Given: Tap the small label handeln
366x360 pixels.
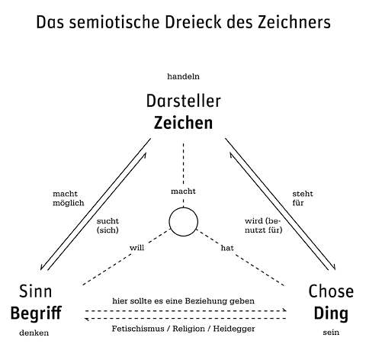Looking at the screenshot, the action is [183, 76].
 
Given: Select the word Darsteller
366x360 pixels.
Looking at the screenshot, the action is [184, 101].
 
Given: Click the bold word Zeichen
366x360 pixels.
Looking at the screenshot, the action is [183, 123].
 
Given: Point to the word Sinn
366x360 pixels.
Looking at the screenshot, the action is [36, 291].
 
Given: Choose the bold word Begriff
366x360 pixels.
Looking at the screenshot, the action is [36, 313].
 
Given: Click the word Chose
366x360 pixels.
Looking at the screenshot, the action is [331, 291].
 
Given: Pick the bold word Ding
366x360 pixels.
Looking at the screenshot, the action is [331, 313].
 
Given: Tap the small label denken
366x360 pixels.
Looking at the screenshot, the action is [34, 333].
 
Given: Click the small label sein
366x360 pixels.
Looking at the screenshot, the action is [331, 333].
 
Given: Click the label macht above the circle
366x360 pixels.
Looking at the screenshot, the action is [183, 191].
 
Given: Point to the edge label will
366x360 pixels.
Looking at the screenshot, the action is [136, 248].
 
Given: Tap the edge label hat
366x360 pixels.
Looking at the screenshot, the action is [227, 248].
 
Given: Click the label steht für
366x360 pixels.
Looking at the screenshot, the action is [303, 198].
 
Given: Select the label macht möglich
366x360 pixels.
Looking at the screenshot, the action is [69, 198].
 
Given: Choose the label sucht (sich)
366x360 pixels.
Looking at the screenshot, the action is [108, 226].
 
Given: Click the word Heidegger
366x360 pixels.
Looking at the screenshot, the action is [234, 329].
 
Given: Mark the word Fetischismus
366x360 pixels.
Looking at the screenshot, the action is [138, 329].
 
